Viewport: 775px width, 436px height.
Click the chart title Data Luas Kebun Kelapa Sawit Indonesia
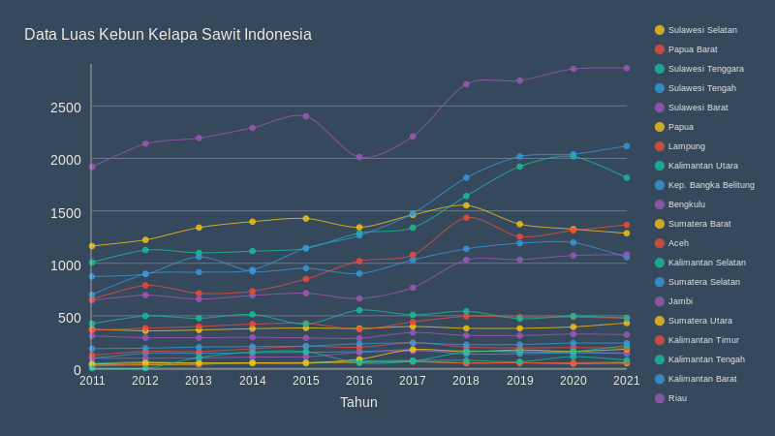[168, 35]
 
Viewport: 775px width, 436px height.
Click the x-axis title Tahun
[358, 402]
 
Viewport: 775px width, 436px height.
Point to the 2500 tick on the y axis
[66, 107]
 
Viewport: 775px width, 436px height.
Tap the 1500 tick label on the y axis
[66, 212]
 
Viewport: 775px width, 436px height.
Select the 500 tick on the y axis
[70, 318]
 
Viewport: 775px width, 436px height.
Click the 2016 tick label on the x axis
[359, 381]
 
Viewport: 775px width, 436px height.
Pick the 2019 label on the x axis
[519, 381]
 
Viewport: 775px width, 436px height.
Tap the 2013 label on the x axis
[199, 381]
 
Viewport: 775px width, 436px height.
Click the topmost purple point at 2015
[306, 116]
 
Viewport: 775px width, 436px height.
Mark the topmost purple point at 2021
[627, 68]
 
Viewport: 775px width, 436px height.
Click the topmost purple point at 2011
[92, 167]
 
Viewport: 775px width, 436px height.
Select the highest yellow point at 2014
[253, 222]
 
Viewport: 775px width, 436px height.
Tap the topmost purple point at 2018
[466, 84]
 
